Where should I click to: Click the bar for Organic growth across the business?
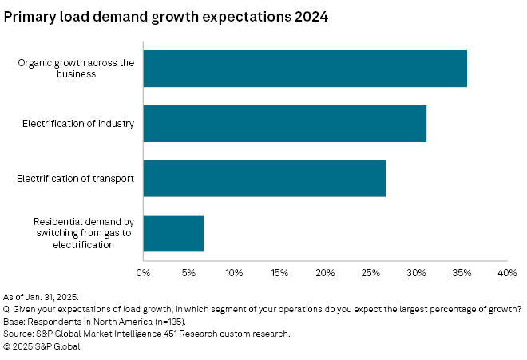point(305,68)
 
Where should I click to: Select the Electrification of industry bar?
point(284,123)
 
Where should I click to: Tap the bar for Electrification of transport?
point(264,178)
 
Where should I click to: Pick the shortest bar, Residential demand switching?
point(173,233)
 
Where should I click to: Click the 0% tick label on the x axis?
point(143,273)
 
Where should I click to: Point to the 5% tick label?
point(188,273)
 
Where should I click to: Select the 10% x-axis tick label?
point(234,273)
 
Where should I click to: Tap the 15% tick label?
point(279,273)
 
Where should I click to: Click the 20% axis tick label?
point(325,273)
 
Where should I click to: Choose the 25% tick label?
point(370,273)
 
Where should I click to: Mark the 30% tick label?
point(416,273)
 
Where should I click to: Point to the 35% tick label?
point(462,273)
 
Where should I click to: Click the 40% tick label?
point(507,273)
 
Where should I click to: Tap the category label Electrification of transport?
point(74,178)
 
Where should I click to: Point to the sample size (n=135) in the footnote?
point(149,321)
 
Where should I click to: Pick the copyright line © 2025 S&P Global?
point(45,346)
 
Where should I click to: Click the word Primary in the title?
point(31,17)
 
